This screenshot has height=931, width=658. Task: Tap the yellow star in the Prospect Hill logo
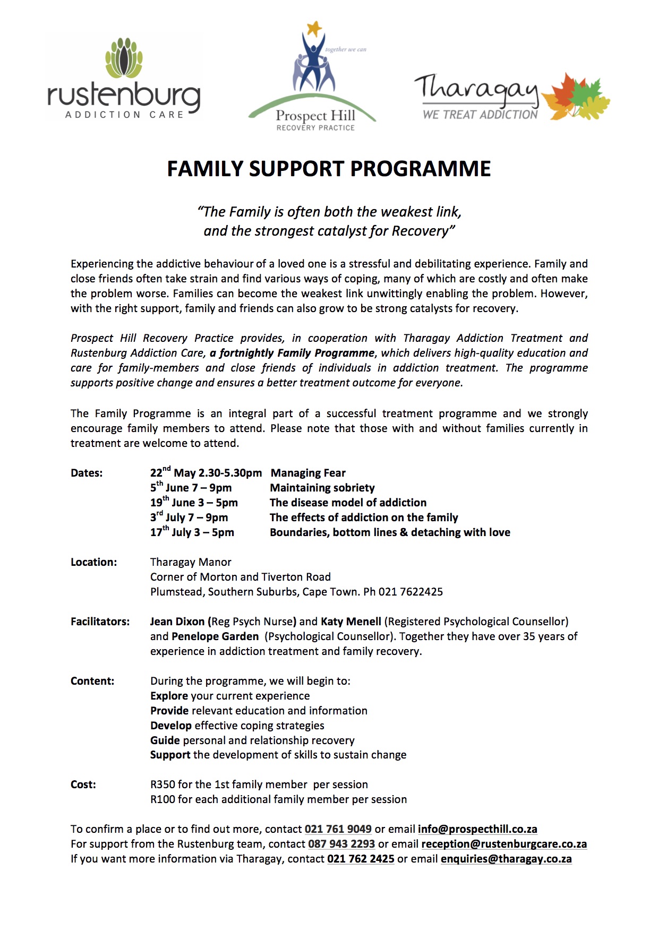coord(315,28)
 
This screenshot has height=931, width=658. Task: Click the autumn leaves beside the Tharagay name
coord(576,96)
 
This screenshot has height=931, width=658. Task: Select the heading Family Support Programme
coord(329,169)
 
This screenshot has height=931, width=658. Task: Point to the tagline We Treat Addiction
coord(480,115)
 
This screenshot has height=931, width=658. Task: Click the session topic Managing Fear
coord(308,473)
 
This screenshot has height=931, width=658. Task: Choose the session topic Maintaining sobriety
coord(322,488)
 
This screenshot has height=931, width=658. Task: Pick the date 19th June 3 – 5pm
coord(194,503)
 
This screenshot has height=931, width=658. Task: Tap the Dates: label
coord(87,473)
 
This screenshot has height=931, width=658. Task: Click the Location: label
coord(93,562)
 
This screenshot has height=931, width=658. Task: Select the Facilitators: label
coord(100,622)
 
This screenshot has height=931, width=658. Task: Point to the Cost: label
coord(83,785)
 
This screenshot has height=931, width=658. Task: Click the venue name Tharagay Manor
coord(191,562)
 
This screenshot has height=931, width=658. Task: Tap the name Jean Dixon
coord(177,622)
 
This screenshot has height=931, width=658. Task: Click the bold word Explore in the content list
coord(169,696)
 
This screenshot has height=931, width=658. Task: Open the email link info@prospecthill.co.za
coord(477,829)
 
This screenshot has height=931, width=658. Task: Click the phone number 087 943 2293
coord(341,844)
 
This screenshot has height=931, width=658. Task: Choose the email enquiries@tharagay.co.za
coord(506,859)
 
